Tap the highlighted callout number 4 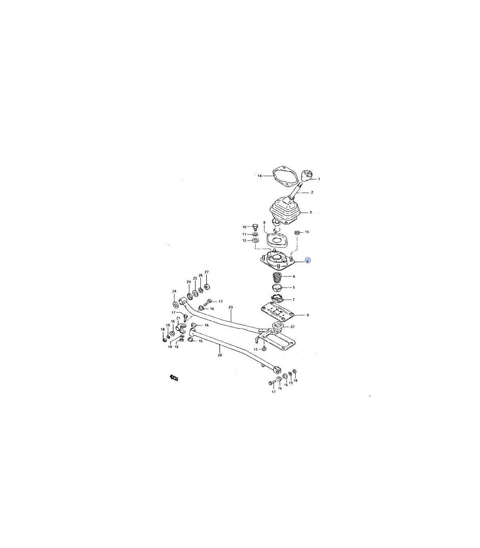[307, 261]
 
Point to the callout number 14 [259, 176]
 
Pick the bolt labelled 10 [255, 228]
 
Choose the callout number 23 [231, 307]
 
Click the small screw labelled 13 [264, 348]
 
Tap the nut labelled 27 [207, 287]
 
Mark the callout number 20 [220, 355]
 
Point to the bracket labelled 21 [182, 327]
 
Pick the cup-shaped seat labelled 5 [277, 288]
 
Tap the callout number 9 [307, 315]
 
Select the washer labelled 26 [201, 290]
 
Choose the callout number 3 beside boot [310, 212]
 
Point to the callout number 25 [195, 278]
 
